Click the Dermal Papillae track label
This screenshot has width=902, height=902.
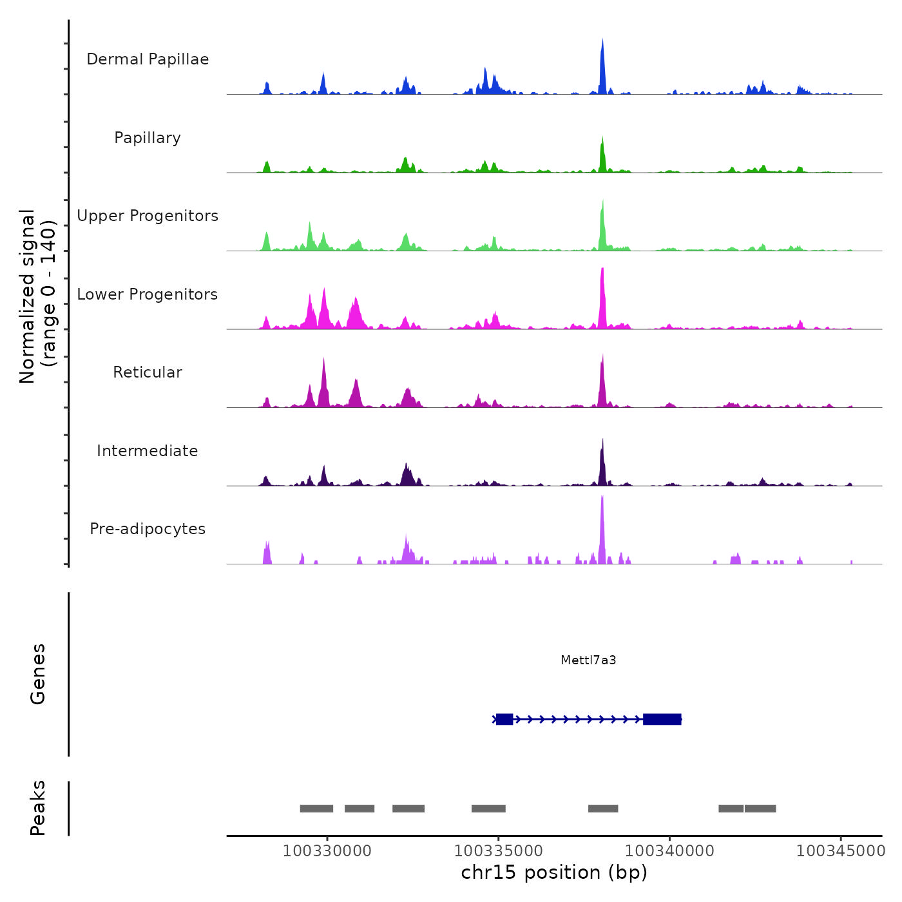tap(148, 59)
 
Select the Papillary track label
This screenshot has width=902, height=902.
tap(148, 138)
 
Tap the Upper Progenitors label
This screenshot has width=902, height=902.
tap(148, 216)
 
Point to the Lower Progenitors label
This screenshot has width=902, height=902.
tap(148, 294)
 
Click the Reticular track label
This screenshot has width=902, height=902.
tap(148, 372)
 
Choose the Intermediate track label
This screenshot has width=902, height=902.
tap(148, 451)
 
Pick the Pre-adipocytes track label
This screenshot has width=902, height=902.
tap(148, 529)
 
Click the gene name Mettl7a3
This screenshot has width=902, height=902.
tap(588, 660)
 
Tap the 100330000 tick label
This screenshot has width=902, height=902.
tap(327, 850)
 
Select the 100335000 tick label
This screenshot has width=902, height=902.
tap(498, 850)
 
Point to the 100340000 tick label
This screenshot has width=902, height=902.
tap(669, 850)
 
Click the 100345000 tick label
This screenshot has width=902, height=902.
tap(841, 850)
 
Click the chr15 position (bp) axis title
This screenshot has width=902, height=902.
tap(554, 872)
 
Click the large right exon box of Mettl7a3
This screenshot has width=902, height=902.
tap(662, 719)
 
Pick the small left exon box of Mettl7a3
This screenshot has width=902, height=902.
tap(504, 719)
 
